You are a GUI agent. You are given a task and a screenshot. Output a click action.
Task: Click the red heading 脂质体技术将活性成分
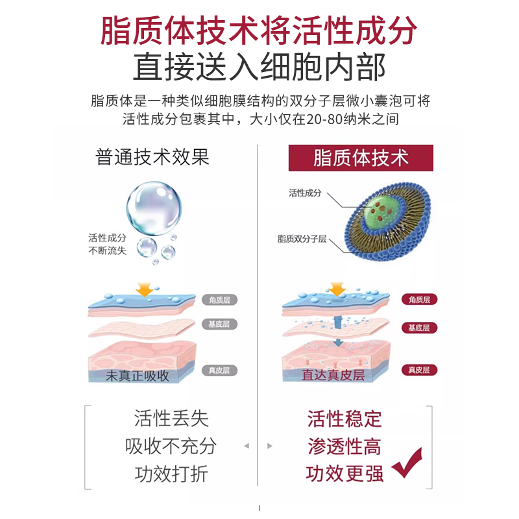(259, 29)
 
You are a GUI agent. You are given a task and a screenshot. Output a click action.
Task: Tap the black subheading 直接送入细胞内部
(259, 67)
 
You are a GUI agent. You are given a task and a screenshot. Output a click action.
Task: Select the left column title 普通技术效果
(152, 158)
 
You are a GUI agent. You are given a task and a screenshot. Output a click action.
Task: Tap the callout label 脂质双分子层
(302, 239)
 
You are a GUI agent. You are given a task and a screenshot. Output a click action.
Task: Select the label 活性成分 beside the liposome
(305, 193)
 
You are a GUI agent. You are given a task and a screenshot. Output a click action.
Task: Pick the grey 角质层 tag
(221, 299)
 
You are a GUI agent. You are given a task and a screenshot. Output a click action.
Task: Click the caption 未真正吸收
(138, 376)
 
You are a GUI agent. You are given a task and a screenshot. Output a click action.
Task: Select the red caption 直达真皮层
(333, 376)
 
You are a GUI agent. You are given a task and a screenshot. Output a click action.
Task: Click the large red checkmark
(407, 463)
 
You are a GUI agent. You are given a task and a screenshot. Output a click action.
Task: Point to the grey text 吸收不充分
(171, 446)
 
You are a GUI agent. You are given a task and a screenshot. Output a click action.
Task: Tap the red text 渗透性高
(344, 446)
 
